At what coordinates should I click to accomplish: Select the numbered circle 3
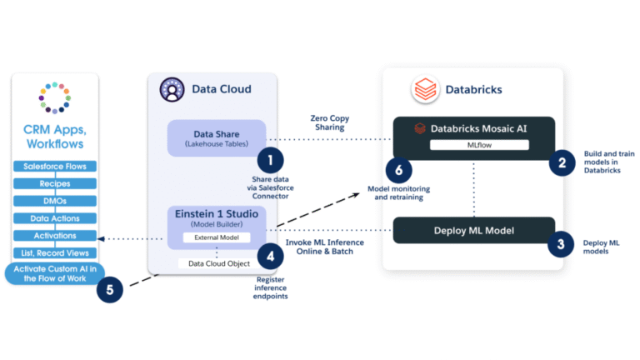(x=561, y=244)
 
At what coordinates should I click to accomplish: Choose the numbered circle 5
(x=110, y=290)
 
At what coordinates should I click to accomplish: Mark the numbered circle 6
(x=398, y=170)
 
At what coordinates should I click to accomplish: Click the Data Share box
(x=216, y=137)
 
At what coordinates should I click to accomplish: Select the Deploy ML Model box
(x=472, y=230)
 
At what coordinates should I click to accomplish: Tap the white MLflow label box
(x=478, y=145)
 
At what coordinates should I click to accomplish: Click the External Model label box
(x=216, y=237)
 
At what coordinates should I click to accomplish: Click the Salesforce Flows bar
(x=55, y=167)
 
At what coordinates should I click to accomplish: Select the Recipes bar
(x=55, y=183)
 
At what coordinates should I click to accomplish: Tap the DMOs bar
(x=55, y=201)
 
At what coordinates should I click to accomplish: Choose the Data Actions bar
(x=55, y=218)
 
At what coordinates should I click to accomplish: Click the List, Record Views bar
(x=55, y=252)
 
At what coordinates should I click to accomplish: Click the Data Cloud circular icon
(x=172, y=89)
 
